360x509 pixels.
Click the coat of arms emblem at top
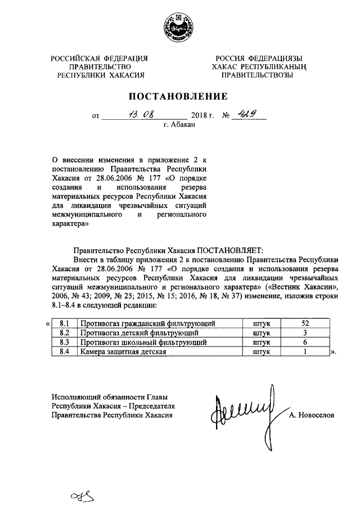tap(179, 27)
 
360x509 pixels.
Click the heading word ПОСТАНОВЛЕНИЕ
tap(180, 96)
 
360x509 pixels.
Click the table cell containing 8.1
tap(64, 323)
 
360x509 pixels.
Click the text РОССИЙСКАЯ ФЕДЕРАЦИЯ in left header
tap(100, 57)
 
